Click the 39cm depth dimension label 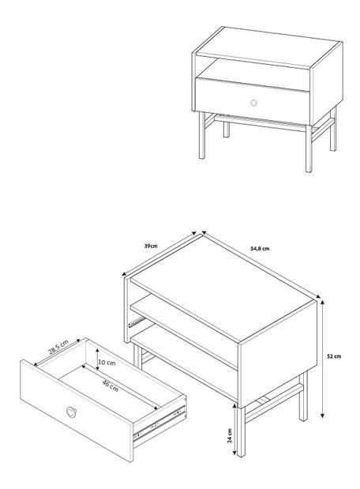click(x=151, y=246)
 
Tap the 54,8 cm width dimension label click(x=260, y=249)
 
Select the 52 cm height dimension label click(x=334, y=356)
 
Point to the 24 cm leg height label click(x=230, y=435)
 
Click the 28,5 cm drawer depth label click(x=58, y=347)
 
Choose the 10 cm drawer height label click(x=107, y=363)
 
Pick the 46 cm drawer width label click(x=111, y=386)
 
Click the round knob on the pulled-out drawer click(x=71, y=412)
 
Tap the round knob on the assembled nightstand click(x=253, y=103)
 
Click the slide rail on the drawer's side click(x=160, y=423)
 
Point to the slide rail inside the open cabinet click(x=137, y=322)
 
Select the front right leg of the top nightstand click(x=309, y=149)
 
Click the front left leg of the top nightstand click(x=202, y=135)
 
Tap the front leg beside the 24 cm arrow click(x=241, y=432)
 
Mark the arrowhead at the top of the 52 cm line click(x=323, y=302)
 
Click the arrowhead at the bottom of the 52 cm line click(x=323, y=415)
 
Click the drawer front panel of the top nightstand click(x=253, y=101)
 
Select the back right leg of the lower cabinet click(x=303, y=396)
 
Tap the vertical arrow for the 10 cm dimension click(x=98, y=359)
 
